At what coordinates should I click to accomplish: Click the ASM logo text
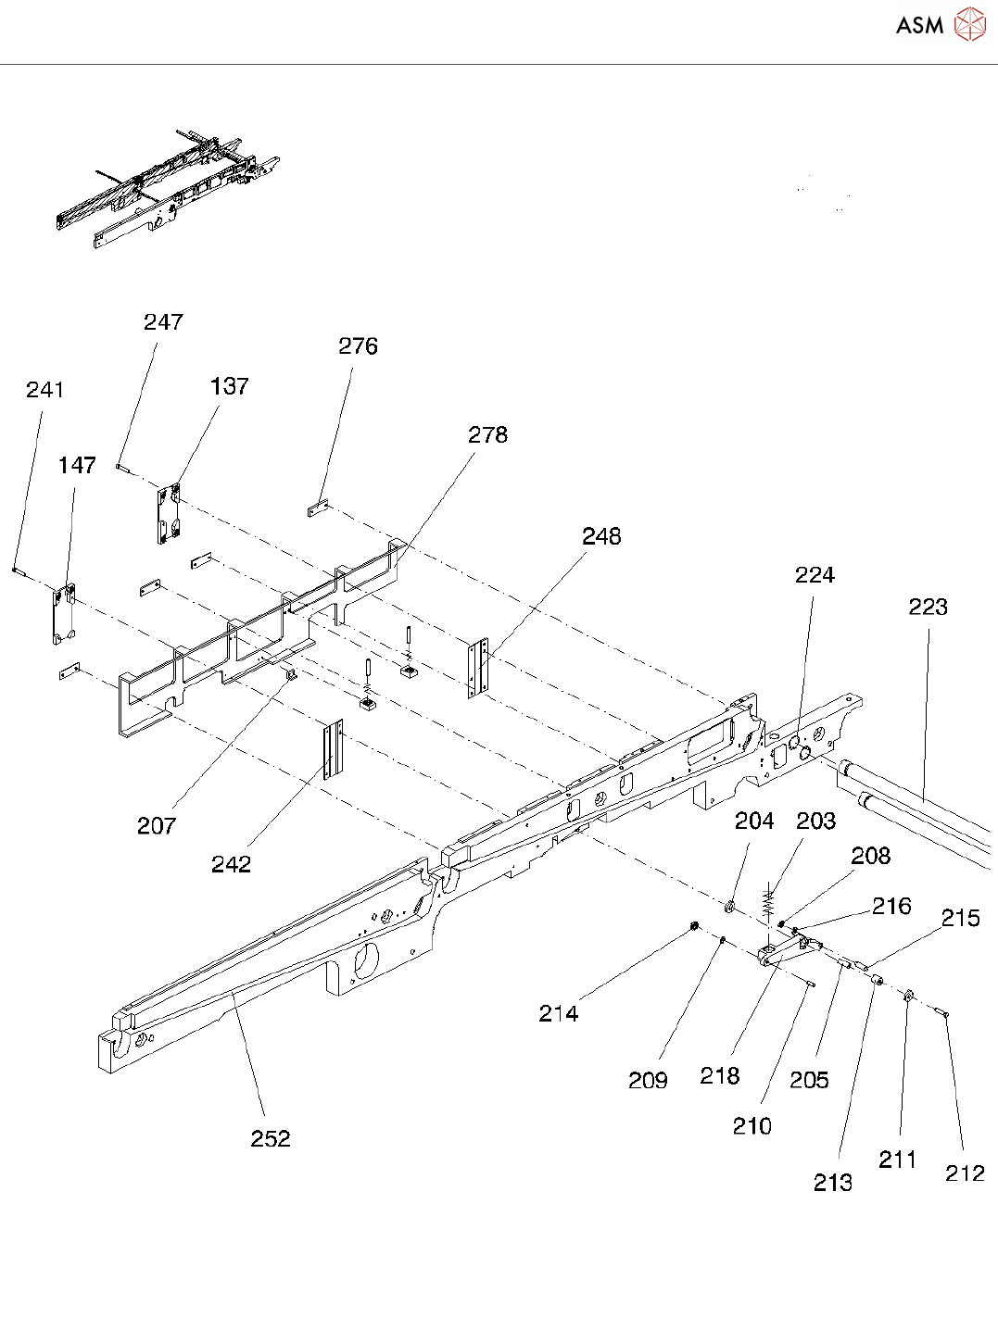click(x=919, y=25)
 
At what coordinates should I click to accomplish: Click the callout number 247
click(x=163, y=322)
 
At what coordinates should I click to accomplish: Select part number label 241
click(x=45, y=390)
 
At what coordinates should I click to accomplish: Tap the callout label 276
click(x=358, y=346)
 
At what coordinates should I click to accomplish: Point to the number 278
click(x=487, y=435)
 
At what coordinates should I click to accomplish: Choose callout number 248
click(x=601, y=536)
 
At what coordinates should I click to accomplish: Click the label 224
click(x=815, y=575)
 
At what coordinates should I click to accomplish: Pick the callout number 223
click(x=928, y=607)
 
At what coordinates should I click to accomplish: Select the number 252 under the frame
click(x=271, y=1138)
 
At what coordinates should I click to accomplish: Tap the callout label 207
click(x=157, y=825)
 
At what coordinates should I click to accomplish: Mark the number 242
click(x=231, y=864)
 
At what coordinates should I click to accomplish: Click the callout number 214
click(x=559, y=1014)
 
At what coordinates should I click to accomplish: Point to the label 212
click(x=965, y=1173)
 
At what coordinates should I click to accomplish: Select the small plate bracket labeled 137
click(x=168, y=514)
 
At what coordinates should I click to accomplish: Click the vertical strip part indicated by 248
click(x=477, y=667)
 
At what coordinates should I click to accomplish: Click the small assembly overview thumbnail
click(x=167, y=190)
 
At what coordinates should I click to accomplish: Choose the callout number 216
click(x=891, y=906)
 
